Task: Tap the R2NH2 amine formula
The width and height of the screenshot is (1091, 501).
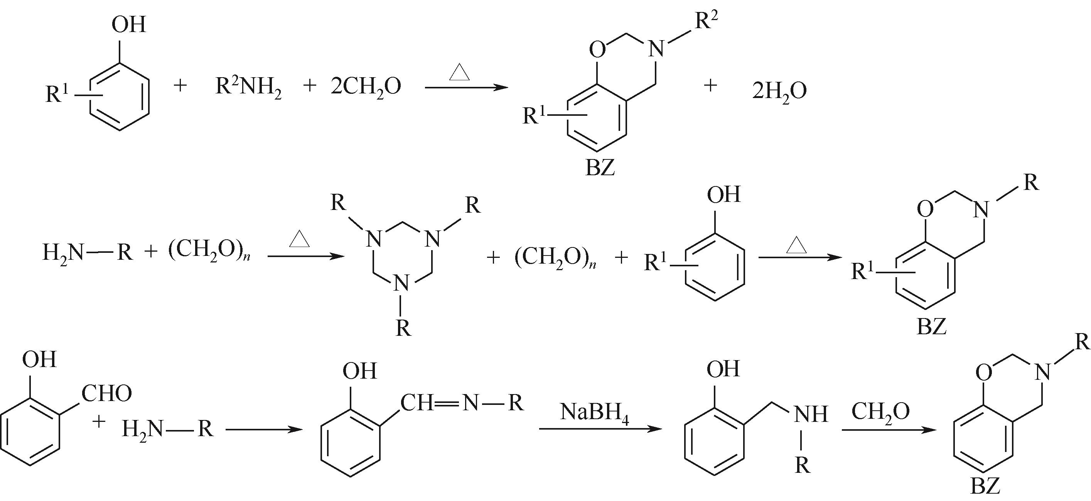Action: [x=249, y=87]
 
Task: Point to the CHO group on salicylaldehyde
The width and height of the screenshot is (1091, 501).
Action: [x=106, y=394]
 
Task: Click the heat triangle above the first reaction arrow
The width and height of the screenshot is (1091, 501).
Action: [x=460, y=72]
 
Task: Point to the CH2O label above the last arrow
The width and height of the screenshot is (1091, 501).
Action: [x=880, y=411]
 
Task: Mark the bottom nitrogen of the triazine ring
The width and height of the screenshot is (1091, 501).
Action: [x=401, y=283]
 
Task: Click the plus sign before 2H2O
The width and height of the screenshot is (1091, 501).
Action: [x=710, y=86]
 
